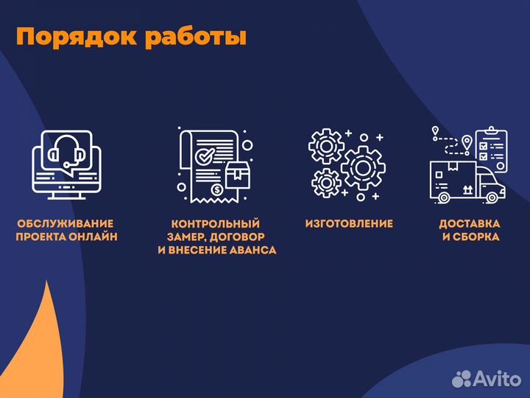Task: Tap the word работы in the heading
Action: pyautogui.click(x=195, y=38)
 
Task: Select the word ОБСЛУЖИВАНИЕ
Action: pyautogui.click(x=66, y=223)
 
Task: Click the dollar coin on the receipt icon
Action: pyautogui.click(x=217, y=190)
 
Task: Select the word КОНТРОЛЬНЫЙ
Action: pyautogui.click(x=216, y=223)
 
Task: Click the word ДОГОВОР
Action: pyautogui.click(x=243, y=237)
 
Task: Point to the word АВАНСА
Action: pyautogui.click(x=251, y=250)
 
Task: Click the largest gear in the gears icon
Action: pyautogui.click(x=362, y=168)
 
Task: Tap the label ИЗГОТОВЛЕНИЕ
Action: pyautogui.click(x=349, y=223)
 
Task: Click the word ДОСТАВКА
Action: pyautogui.click(x=470, y=223)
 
